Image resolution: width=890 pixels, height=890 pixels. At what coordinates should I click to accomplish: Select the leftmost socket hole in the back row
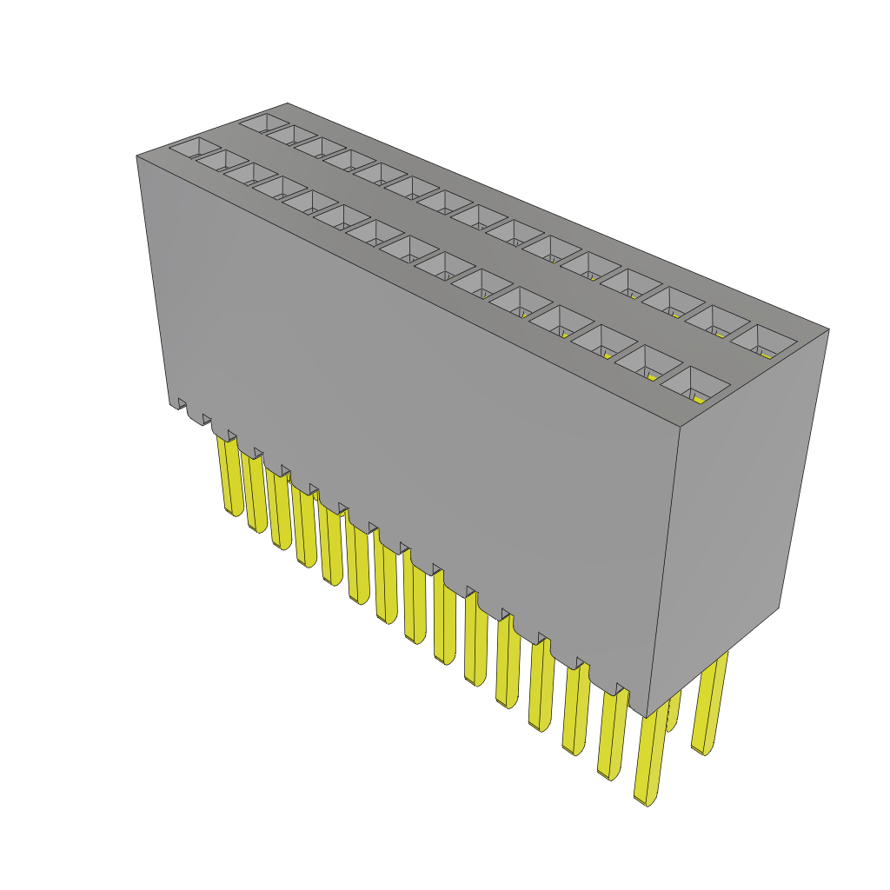tap(264, 123)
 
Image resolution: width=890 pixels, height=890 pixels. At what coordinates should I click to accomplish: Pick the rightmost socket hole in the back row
tap(762, 342)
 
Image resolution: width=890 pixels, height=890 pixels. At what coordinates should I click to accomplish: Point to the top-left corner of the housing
tap(137, 156)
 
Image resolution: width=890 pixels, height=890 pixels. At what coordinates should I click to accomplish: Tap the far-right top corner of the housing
tap(828, 329)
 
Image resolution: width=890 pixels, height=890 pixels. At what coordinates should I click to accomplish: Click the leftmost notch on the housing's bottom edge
tap(183, 403)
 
